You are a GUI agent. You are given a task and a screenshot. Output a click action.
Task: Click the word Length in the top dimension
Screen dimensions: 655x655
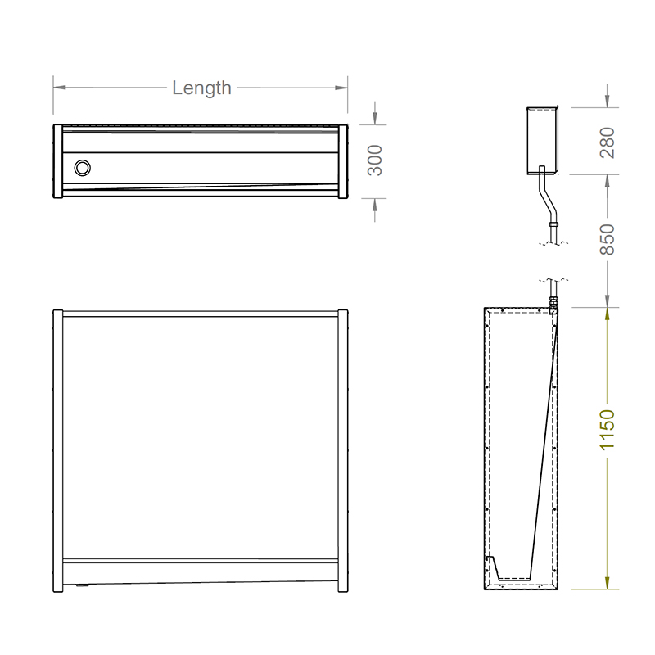click(x=201, y=88)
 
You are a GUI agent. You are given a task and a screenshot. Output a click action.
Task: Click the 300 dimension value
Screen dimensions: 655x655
click(x=374, y=160)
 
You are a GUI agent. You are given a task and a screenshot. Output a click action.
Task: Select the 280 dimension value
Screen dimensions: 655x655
click(x=607, y=141)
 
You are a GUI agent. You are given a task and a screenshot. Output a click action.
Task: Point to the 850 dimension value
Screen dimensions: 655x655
click(x=607, y=238)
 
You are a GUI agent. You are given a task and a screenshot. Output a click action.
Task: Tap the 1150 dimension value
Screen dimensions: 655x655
click(x=607, y=430)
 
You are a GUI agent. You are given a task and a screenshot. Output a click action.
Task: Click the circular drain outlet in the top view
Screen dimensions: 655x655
click(x=82, y=168)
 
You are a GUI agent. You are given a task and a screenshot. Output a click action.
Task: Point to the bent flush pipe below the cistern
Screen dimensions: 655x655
click(x=545, y=196)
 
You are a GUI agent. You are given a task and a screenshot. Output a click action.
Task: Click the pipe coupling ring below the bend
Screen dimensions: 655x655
click(x=554, y=222)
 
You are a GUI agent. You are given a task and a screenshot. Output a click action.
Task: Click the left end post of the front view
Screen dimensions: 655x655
click(x=57, y=450)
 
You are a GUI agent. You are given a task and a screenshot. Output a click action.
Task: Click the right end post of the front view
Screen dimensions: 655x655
click(x=343, y=450)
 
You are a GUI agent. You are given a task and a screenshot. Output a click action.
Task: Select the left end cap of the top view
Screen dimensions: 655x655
click(x=57, y=161)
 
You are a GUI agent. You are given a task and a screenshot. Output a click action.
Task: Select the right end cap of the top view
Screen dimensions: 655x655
click(x=344, y=161)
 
